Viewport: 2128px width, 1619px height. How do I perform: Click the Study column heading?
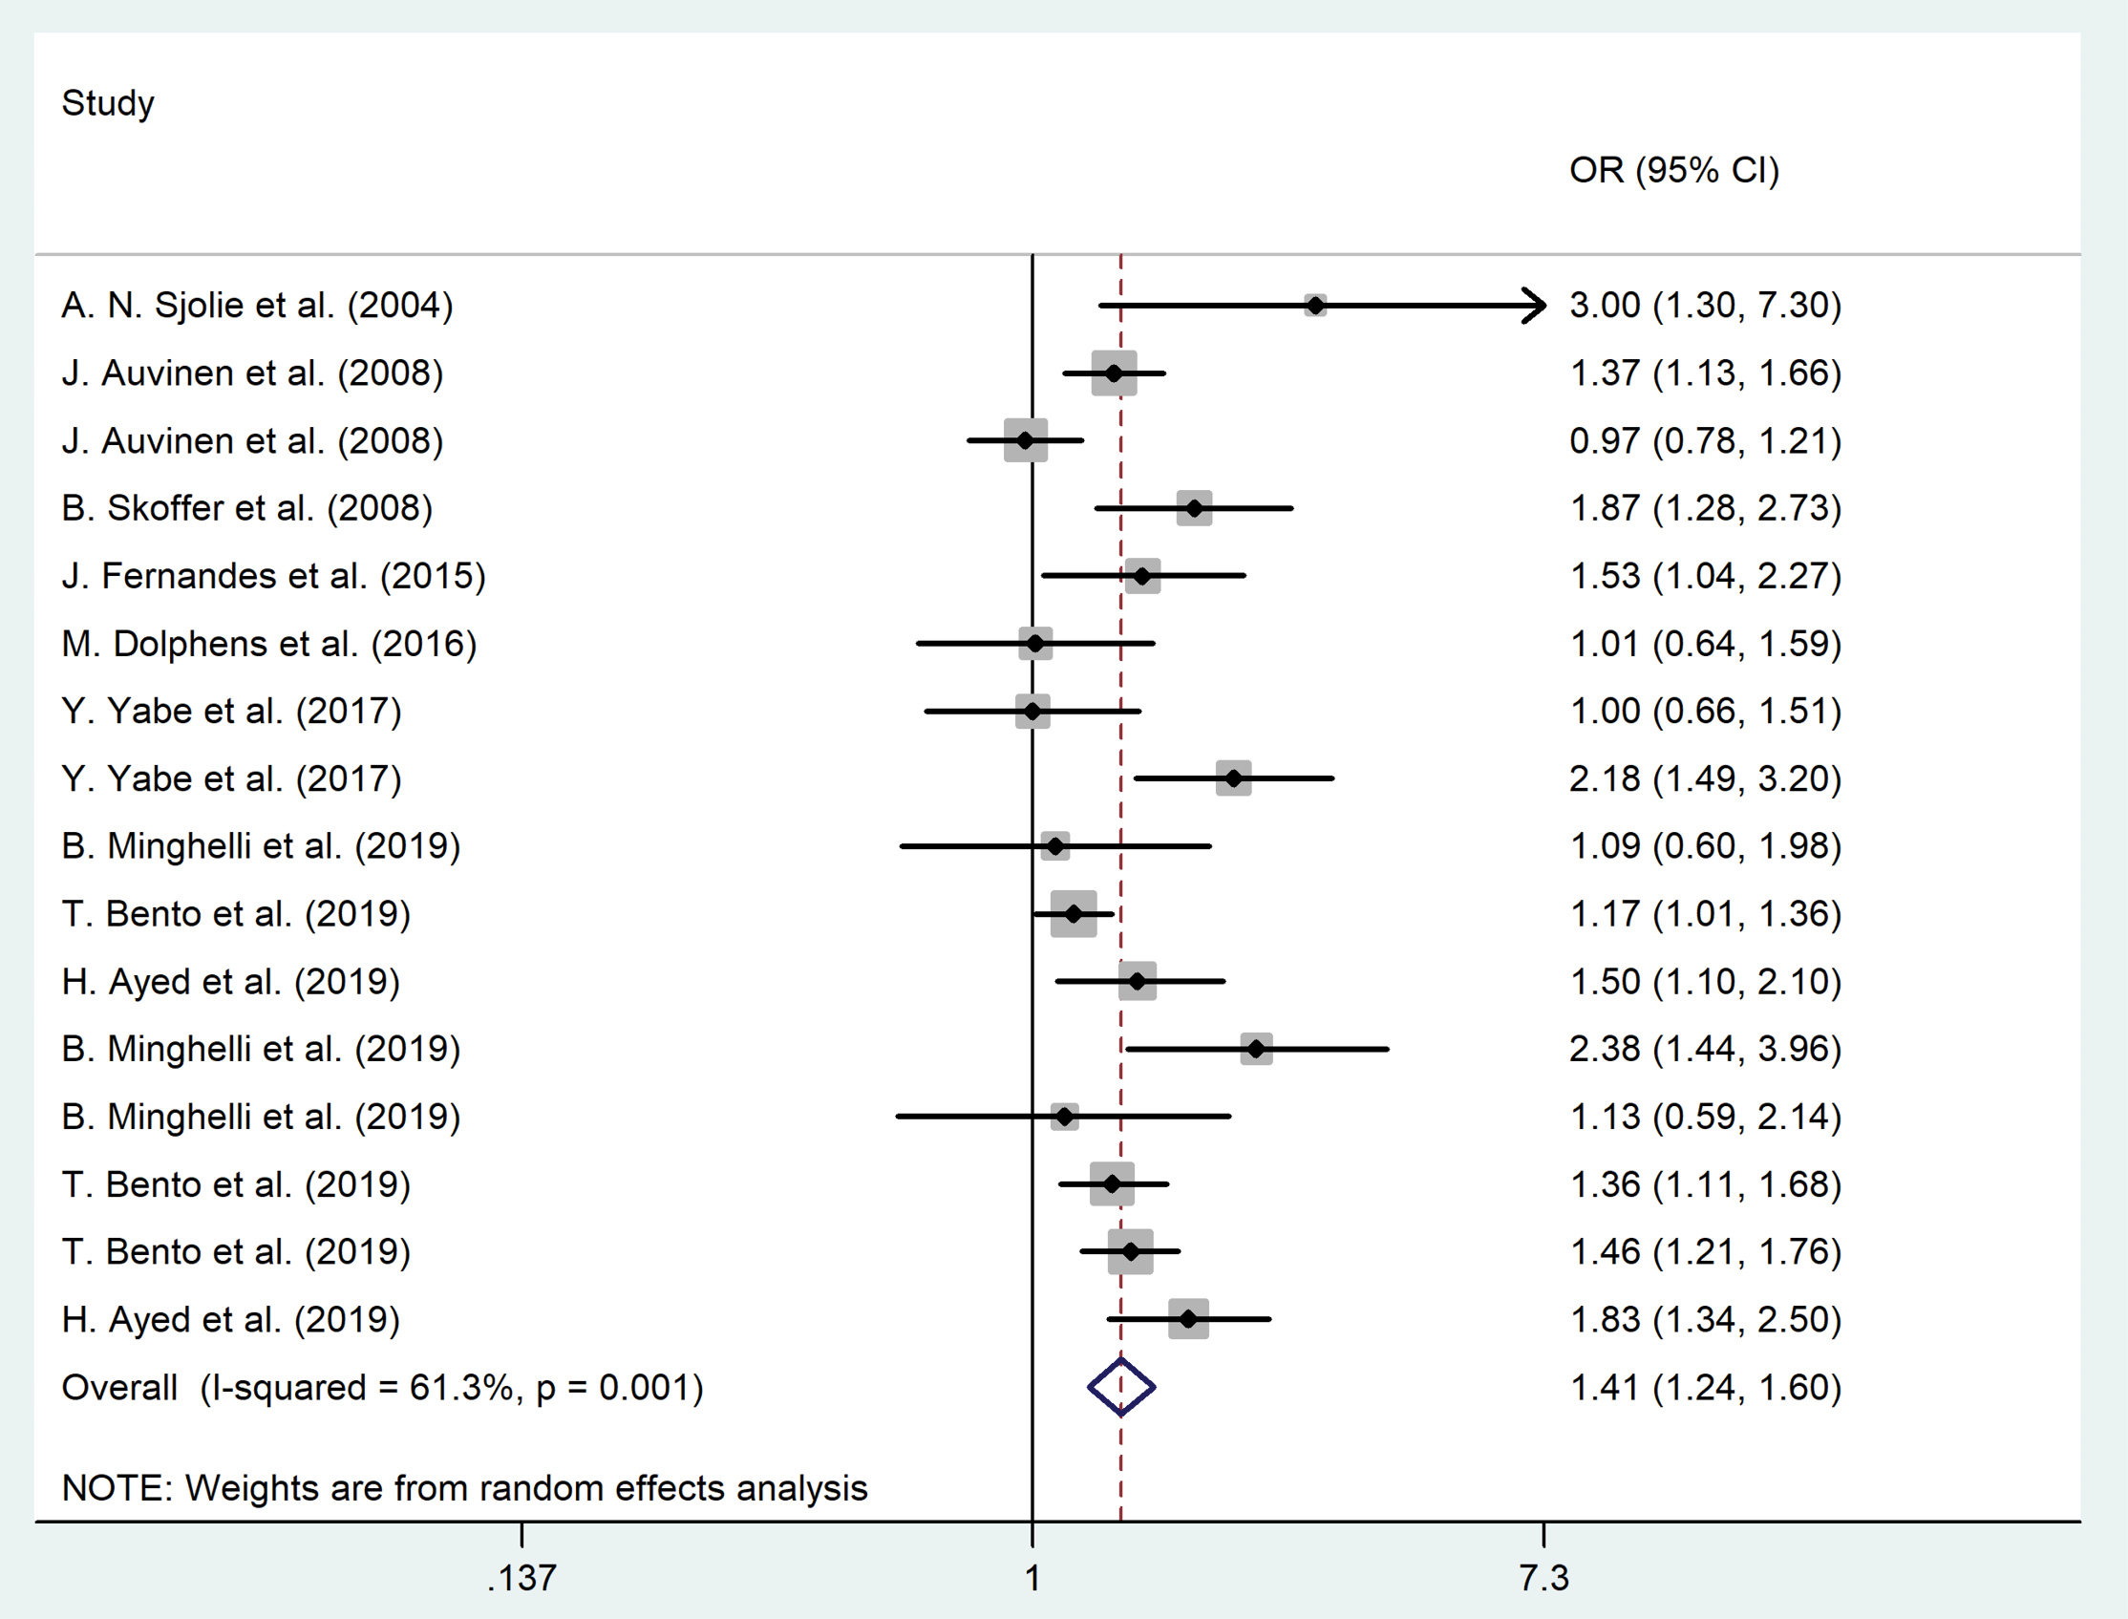click(108, 103)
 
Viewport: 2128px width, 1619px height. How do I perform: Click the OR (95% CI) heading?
click(1673, 171)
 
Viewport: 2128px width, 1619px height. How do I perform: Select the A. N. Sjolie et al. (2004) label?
click(257, 306)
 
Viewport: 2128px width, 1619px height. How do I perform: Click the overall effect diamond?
click(1121, 1387)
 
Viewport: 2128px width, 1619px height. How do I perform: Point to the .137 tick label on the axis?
click(521, 1579)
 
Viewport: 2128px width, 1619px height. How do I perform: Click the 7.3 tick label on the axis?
click(1543, 1579)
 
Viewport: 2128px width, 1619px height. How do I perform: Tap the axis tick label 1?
click(1032, 1579)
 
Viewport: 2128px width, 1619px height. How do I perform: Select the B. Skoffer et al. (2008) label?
click(246, 508)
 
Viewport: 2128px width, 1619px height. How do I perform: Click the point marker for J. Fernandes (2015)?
click(1142, 576)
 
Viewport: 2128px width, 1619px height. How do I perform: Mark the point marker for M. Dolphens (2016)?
click(1035, 644)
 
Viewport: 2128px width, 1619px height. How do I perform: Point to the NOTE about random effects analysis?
click(464, 1489)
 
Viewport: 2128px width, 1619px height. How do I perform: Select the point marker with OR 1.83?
click(1188, 1319)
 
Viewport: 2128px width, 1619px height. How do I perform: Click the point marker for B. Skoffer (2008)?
click(1194, 508)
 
